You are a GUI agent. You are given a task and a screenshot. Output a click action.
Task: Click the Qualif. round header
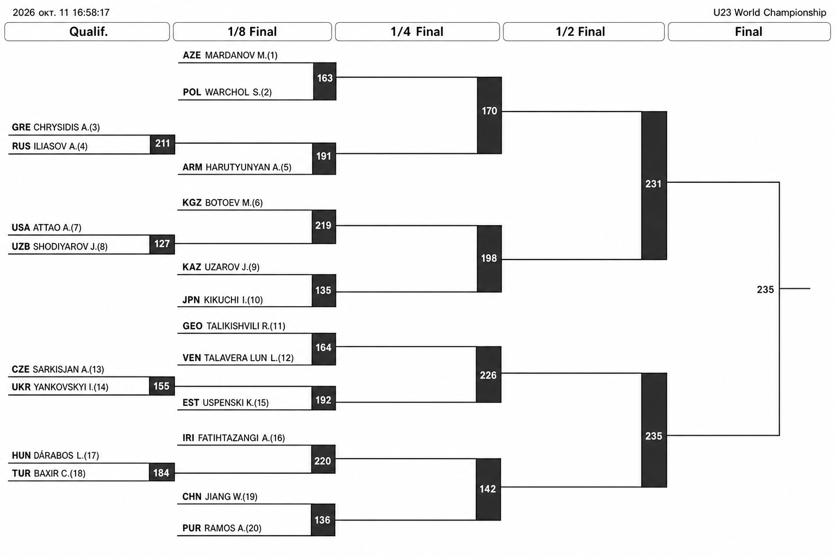point(87,32)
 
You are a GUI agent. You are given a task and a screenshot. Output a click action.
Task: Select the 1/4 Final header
point(417,32)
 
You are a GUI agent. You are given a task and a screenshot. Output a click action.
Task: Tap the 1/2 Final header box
point(583,32)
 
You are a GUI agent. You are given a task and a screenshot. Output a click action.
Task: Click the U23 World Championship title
point(769,13)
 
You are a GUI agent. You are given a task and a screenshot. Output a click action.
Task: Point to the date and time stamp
point(61,13)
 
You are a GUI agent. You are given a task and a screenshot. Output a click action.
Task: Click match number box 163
point(325,82)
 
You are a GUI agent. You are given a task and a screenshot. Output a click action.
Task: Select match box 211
point(163,144)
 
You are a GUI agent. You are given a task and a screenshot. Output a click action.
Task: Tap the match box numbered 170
point(489,115)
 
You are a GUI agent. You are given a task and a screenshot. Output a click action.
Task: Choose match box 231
point(654,185)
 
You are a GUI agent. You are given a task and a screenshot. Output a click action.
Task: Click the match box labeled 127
point(162,244)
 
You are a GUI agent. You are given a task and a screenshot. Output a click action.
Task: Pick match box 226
point(488,375)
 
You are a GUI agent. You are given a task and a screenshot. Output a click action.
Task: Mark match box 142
point(488,489)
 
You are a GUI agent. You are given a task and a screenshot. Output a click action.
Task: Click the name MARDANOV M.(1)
point(241,55)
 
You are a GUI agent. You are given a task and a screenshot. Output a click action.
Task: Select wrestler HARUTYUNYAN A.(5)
point(248,167)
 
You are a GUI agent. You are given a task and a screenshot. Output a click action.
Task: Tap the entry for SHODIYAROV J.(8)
point(70,246)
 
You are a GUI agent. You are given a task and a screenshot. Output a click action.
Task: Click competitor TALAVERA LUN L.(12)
point(248,358)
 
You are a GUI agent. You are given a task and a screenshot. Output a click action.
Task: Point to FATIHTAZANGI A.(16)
point(241,438)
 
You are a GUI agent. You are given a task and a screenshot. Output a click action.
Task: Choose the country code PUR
point(191,528)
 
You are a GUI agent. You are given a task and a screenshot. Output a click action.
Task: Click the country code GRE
point(21,127)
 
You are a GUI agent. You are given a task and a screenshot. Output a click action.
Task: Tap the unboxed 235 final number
point(765,289)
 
